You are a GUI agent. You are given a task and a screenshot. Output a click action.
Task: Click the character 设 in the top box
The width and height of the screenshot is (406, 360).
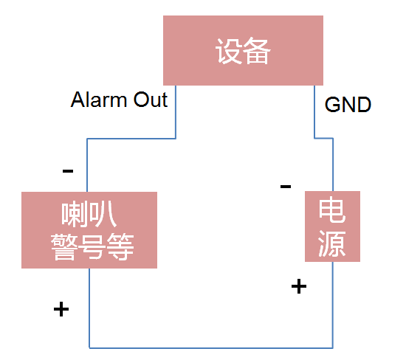click(x=229, y=52)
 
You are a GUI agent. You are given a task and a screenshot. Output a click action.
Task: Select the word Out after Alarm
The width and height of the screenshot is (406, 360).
click(x=150, y=100)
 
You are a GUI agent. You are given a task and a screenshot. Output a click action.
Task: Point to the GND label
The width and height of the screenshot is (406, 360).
click(x=348, y=105)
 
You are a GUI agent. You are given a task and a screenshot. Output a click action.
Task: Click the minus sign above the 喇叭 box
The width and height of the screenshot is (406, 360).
click(x=68, y=171)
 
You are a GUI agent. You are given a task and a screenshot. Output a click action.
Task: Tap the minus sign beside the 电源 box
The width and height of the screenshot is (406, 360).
click(x=286, y=186)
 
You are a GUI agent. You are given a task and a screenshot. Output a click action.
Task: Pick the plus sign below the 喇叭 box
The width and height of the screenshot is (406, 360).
click(x=61, y=309)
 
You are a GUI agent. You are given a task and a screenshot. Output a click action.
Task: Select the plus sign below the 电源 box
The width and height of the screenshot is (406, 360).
click(x=299, y=286)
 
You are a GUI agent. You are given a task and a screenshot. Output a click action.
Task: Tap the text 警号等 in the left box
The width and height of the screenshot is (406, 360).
click(x=92, y=246)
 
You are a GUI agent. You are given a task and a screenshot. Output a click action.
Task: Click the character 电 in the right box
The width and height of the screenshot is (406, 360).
click(x=332, y=212)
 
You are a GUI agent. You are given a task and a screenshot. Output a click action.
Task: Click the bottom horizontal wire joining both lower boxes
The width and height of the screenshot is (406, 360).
click(x=210, y=347)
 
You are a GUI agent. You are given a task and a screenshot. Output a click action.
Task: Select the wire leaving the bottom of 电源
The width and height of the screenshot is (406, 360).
click(x=332, y=302)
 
